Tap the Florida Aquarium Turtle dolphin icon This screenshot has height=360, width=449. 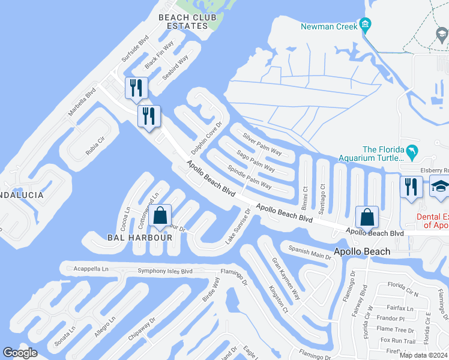[412, 152]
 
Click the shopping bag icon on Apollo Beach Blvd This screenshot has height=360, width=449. [366, 217]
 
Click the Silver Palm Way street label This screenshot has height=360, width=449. [262, 144]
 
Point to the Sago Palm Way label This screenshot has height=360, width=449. [256, 160]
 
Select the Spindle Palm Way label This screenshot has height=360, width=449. [249, 176]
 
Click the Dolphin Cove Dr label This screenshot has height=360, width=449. [206, 136]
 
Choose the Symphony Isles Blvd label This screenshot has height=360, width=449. [164, 271]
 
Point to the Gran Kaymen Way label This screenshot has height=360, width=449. [286, 279]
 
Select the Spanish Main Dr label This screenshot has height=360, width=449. [310, 252]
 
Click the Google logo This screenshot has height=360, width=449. [20, 353]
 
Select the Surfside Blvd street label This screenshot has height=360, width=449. [134, 49]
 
